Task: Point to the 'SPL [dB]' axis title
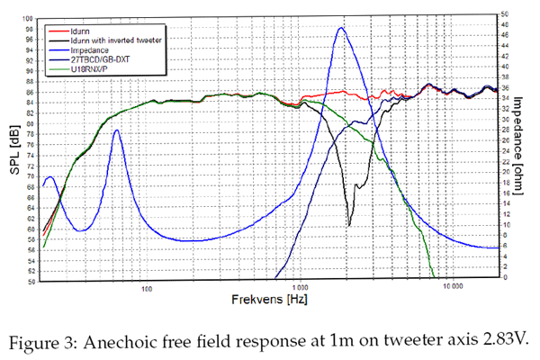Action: point(13,148)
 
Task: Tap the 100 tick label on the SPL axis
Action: point(29,18)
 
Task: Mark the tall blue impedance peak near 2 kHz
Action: point(341,28)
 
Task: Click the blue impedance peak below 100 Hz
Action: point(116,130)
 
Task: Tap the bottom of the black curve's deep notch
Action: point(349,225)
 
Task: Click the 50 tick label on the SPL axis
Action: point(31,282)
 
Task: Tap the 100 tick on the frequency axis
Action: point(146,287)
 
